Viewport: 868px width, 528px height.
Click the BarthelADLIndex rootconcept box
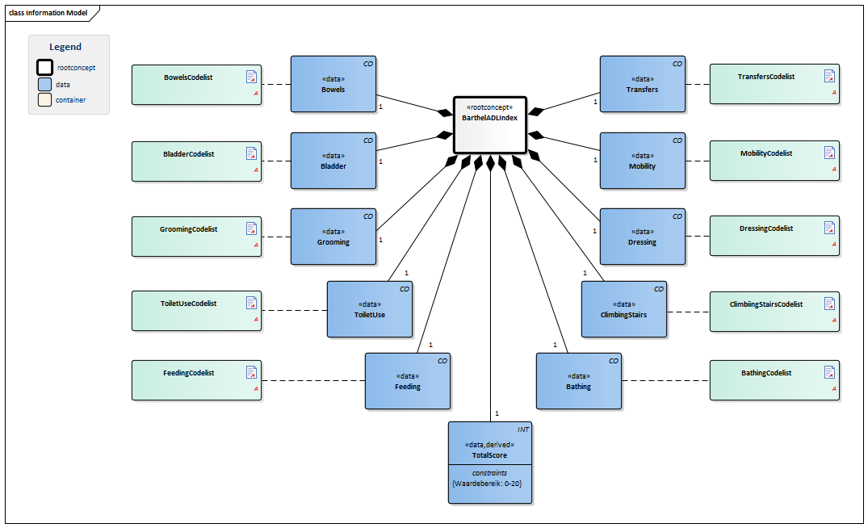coord(490,124)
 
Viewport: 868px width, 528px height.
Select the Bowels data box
coord(333,84)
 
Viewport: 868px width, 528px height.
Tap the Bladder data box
coord(333,161)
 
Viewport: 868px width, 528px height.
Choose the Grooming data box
coord(333,237)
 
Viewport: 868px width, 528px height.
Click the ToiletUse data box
coord(369,309)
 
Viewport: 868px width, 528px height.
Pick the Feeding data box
coord(407,381)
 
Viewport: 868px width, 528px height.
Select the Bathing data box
coord(578,381)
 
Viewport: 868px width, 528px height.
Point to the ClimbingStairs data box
coord(623,309)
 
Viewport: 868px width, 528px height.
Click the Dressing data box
coord(642,237)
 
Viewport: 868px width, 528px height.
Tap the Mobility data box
coord(642,161)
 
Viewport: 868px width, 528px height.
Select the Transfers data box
coord(642,84)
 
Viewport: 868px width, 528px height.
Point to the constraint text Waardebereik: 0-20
coord(490,484)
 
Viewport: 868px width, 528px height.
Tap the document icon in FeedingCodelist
coord(251,372)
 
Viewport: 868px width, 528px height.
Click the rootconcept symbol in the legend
coord(45,68)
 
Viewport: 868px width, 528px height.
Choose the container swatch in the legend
coord(45,100)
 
